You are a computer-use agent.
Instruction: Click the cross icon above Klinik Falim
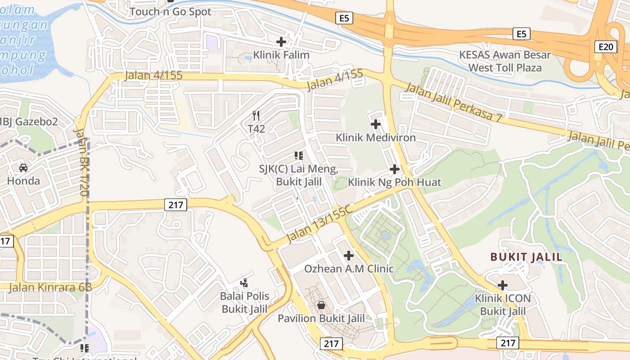(281, 42)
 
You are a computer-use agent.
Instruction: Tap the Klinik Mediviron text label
(376, 138)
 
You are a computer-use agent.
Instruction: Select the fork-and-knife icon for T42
(256, 116)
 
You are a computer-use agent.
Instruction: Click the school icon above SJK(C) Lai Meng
(298, 156)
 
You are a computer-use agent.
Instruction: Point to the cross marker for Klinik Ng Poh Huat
(395, 169)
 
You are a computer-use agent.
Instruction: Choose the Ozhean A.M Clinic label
(349, 269)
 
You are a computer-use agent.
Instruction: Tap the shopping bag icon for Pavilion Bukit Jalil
(321, 306)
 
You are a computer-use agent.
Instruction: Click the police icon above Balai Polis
(244, 283)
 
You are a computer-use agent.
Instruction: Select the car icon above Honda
(23, 168)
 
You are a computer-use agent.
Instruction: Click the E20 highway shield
(605, 47)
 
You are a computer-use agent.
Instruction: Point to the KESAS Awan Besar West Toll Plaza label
(505, 62)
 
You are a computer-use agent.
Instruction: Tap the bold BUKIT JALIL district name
(526, 257)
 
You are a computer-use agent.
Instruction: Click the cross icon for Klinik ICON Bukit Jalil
(503, 285)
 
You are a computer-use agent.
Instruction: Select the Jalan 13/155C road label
(318, 225)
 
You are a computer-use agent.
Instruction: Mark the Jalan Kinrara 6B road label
(50, 287)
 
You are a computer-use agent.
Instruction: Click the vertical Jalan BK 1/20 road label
(81, 162)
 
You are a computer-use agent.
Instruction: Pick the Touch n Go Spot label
(171, 12)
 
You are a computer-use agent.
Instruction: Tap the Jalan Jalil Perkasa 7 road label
(453, 103)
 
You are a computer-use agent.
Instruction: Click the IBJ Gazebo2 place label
(29, 121)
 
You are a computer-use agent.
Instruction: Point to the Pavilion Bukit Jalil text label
(321, 319)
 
